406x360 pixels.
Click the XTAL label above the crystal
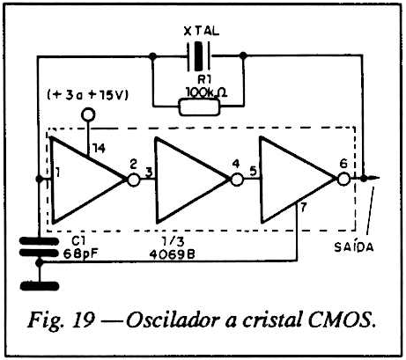[202, 31]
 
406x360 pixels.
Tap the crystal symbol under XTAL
[199, 56]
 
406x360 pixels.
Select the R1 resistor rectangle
[199, 107]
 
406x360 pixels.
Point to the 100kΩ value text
[207, 93]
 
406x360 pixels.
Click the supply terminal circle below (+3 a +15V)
[88, 114]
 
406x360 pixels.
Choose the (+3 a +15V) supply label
[88, 95]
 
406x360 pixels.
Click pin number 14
[99, 149]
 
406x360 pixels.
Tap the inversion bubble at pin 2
[134, 180]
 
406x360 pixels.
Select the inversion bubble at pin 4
[237, 180]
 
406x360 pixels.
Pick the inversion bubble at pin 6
[343, 179]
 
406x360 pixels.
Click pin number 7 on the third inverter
[304, 207]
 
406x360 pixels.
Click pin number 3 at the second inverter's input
[149, 173]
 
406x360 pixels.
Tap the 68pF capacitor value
[80, 253]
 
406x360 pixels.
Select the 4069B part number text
[172, 254]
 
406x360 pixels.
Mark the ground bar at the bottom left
[40, 286]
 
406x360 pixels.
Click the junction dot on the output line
[364, 178]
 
